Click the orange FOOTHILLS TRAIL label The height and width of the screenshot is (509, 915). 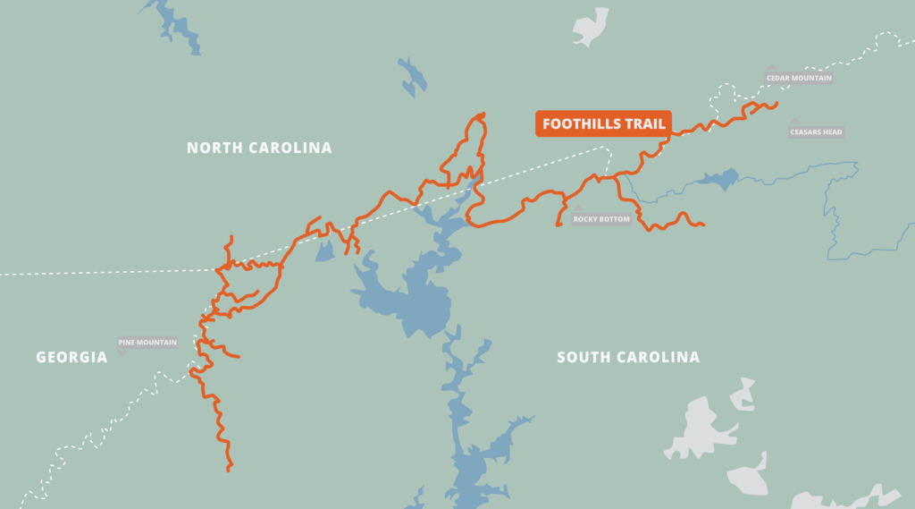pyautogui.click(x=603, y=124)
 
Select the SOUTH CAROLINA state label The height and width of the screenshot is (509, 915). pyautogui.click(x=628, y=358)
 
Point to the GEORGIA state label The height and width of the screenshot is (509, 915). pyautogui.click(x=71, y=357)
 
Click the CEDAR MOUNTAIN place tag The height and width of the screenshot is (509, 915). pyautogui.click(x=799, y=78)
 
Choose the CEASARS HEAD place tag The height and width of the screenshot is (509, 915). pyautogui.click(x=816, y=132)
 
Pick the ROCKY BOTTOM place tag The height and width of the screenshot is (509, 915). pyautogui.click(x=601, y=219)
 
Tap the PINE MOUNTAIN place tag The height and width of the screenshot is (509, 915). pyautogui.click(x=148, y=342)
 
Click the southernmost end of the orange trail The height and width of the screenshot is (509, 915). pyautogui.click(x=229, y=468)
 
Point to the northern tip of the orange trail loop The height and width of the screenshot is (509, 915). pyautogui.click(x=483, y=114)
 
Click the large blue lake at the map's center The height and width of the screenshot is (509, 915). pyautogui.click(x=407, y=300)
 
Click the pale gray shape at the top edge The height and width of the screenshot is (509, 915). pyautogui.click(x=590, y=25)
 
